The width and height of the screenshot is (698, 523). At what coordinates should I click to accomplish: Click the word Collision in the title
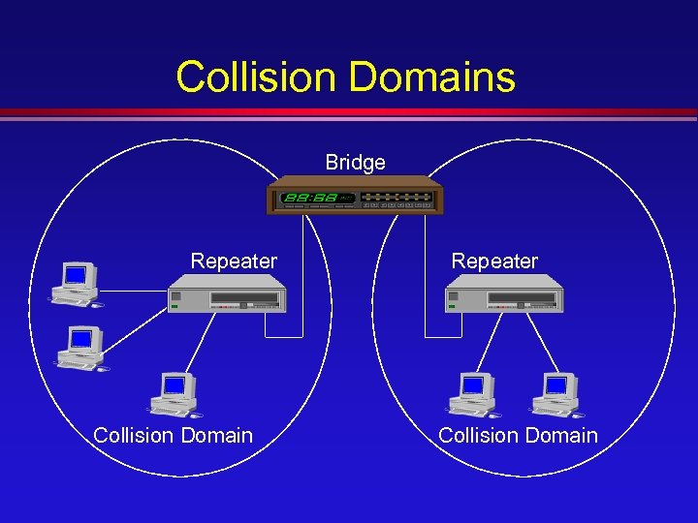click(251, 77)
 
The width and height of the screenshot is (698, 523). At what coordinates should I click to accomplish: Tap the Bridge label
click(355, 163)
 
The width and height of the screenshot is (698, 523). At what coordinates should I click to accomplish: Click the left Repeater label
click(234, 261)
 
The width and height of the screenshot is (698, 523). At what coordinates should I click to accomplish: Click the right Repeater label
click(494, 261)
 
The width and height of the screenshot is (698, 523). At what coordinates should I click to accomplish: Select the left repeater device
click(228, 293)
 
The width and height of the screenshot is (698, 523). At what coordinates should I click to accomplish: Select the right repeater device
click(505, 293)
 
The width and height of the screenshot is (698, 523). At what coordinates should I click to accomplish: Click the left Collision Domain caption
click(173, 436)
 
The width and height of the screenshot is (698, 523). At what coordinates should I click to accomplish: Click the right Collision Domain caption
click(518, 436)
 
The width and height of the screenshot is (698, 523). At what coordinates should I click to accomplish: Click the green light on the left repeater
click(174, 307)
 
